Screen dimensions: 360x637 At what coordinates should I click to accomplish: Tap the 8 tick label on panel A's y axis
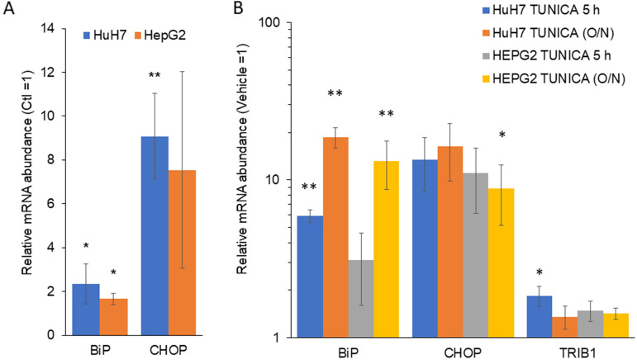click(52, 159)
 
